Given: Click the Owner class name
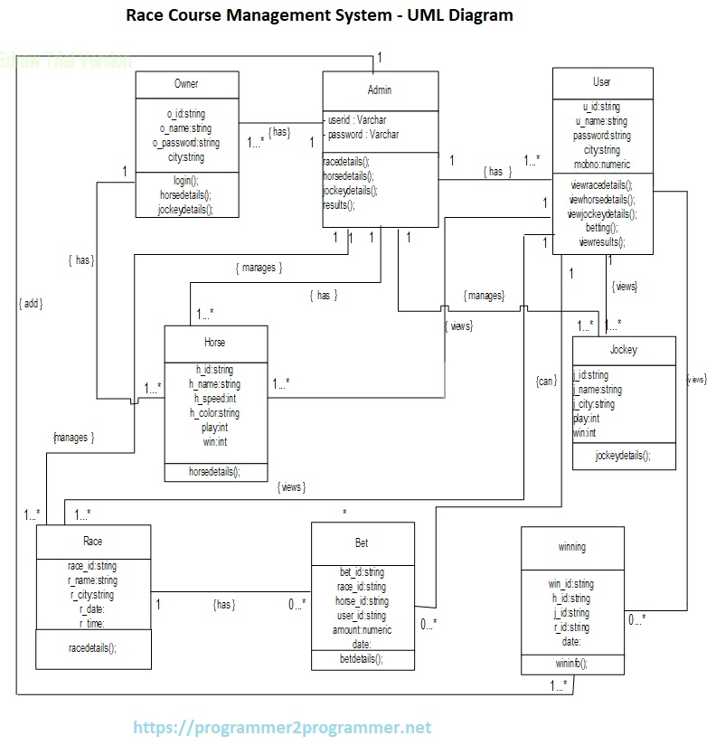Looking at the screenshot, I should point(186,84).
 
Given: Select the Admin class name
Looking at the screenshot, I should point(380,90).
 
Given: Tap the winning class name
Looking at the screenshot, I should point(571,547).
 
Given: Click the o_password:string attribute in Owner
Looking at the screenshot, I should point(186,143).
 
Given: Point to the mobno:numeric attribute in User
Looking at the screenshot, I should point(601,165).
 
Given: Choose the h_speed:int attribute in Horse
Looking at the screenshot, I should point(214,399).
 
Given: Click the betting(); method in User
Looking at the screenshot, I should point(600,229).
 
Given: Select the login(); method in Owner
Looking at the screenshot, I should point(186,181).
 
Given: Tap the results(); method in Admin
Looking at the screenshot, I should point(339,205).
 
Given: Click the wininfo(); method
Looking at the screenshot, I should point(571,663).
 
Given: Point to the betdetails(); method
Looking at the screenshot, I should point(362,659).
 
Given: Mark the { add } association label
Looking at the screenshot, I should point(31,304).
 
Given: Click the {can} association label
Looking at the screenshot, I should point(546,381).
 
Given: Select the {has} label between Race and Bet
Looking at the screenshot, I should point(224,605).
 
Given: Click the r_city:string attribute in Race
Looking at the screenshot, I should point(91,595).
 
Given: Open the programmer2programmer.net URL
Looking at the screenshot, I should point(283,727).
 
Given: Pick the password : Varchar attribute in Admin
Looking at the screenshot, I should point(363,134).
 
